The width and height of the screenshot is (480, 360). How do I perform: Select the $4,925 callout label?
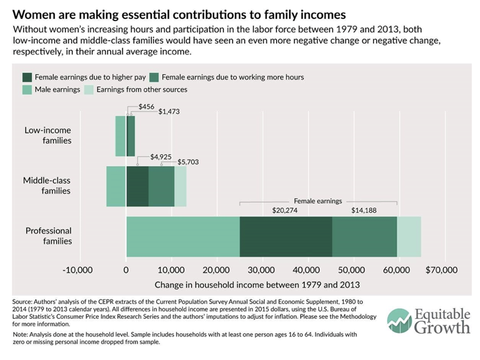(161, 157)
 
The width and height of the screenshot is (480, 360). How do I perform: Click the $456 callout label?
(146, 106)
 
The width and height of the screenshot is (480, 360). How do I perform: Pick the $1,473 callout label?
(170, 111)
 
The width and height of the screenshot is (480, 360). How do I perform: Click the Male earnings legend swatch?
(27, 89)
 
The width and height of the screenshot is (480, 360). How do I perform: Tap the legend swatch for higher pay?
(27, 77)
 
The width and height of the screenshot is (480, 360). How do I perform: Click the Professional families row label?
(48, 236)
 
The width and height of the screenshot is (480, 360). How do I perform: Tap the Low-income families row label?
(48, 135)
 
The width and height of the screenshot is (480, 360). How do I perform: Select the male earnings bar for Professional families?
(183, 236)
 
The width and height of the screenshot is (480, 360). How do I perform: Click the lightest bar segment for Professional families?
(409, 236)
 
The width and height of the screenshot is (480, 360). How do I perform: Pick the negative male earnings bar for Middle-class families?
(116, 186)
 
